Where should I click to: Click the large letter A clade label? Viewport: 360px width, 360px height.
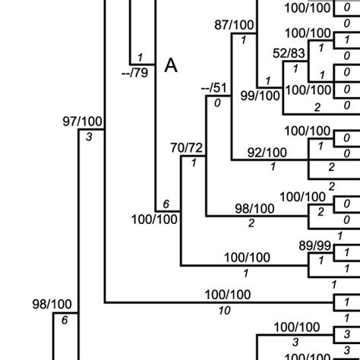[172, 67]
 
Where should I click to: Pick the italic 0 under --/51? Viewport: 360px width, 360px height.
[219, 103]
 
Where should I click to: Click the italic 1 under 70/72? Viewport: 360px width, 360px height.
[194, 163]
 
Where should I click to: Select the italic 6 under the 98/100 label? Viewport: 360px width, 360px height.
[65, 320]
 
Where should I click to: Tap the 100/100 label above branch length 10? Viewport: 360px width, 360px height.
[227, 295]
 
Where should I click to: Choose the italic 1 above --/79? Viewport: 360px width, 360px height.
[141, 58]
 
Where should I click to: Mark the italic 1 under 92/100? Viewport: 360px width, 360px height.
[272, 167]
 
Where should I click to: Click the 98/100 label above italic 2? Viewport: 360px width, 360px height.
[254, 208]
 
